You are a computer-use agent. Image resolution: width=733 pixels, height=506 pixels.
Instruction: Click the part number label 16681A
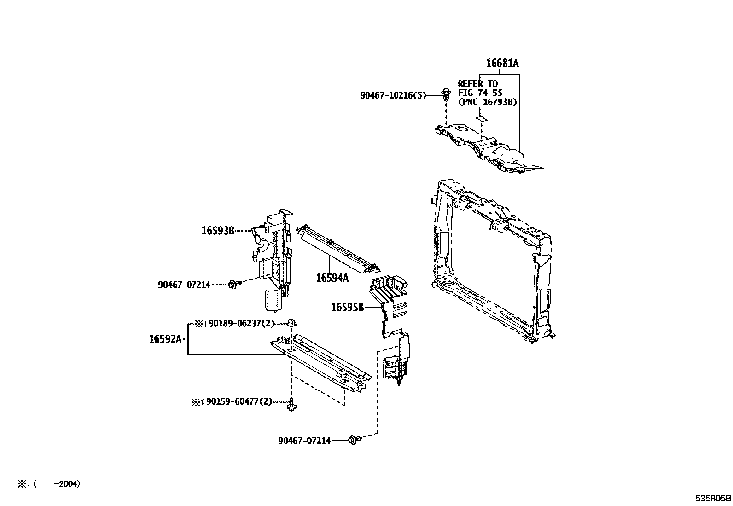502,64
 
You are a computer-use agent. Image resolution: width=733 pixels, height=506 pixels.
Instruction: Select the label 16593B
217,231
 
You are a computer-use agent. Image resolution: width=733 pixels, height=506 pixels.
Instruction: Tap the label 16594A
332,278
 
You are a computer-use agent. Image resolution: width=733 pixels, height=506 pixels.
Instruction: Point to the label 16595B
347,307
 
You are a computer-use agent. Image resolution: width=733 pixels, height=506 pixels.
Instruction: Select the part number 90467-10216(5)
393,95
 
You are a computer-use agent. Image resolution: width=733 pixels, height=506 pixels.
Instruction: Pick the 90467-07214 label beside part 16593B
184,285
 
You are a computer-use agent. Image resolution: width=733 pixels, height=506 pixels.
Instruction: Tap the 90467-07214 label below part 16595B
304,441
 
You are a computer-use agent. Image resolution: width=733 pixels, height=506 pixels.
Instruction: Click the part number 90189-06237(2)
240,324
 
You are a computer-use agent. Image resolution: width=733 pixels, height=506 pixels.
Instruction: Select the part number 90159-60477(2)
239,402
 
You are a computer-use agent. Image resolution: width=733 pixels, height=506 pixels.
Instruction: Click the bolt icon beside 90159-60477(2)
291,405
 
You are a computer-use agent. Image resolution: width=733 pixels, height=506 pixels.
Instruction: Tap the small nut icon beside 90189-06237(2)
291,321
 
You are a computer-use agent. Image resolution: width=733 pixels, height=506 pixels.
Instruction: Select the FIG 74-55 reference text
480,93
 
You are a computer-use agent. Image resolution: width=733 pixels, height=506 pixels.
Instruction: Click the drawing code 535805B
713,498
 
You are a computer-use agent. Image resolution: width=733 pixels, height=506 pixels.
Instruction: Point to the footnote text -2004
67,484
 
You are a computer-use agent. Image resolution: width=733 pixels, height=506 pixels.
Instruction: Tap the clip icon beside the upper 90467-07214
234,285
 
